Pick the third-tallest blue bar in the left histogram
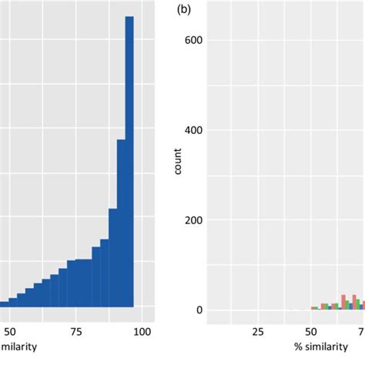point(112,257)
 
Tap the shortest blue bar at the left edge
point(4,303)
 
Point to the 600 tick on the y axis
point(193,40)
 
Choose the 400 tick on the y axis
point(193,130)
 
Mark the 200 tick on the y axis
point(193,220)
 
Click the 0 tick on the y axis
point(199,310)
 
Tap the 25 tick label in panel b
point(258,332)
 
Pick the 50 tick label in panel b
point(311,332)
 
